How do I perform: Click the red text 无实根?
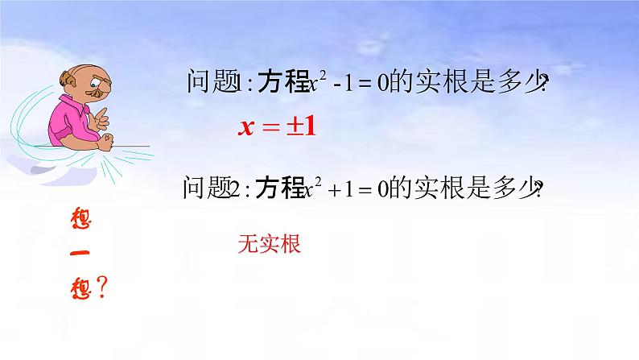click(x=270, y=245)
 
